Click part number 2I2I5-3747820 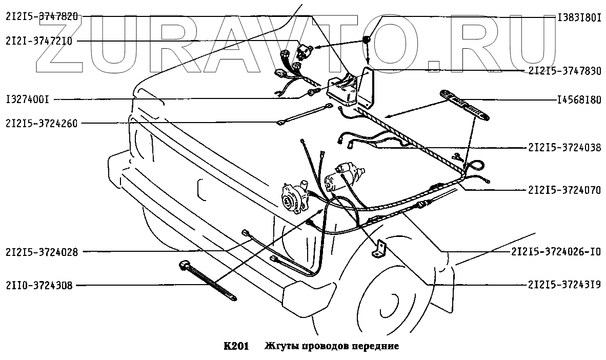[x=42, y=17]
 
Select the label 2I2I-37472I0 [x=39, y=41]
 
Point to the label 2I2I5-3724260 [x=42, y=123]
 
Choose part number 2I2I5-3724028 [x=42, y=252]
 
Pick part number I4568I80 [x=579, y=100]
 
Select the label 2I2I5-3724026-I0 [x=556, y=252]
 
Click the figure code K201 [x=236, y=346]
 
